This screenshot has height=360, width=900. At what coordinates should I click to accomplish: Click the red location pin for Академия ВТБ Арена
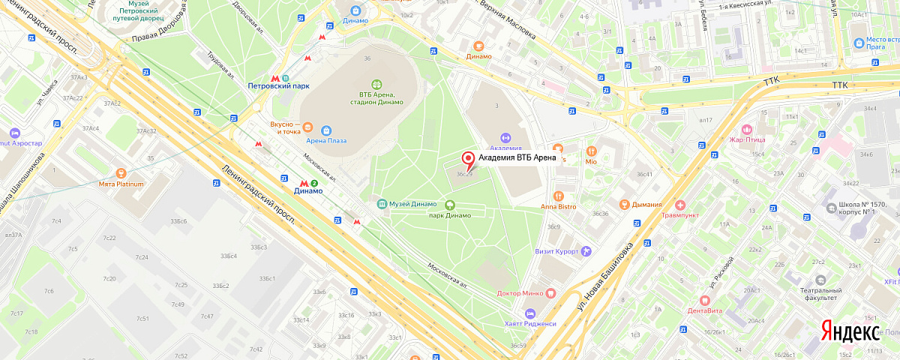pos(469,159)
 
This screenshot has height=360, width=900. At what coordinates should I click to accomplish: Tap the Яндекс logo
pos(850,331)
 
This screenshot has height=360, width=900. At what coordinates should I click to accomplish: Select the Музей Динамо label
pos(413,204)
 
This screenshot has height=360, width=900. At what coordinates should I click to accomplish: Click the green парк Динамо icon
pos(450,204)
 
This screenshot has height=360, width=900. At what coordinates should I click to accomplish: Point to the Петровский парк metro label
pos(279,85)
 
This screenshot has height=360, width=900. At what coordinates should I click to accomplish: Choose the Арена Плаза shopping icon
pos(326,129)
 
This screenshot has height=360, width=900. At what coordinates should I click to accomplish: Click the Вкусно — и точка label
pos(285,127)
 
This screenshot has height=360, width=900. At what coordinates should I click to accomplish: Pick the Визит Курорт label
pos(557,251)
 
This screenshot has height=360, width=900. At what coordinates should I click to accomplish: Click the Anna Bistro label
pos(558,206)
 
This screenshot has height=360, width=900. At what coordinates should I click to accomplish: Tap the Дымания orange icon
pos(623,204)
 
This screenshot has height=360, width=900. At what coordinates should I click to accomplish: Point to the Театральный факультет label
pos(818,293)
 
